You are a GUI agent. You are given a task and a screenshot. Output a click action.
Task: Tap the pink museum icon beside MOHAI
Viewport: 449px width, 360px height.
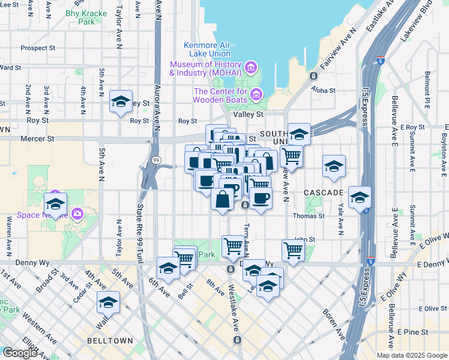[250, 66]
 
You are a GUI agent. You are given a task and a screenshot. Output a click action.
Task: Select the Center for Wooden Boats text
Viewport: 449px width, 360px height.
[220, 96]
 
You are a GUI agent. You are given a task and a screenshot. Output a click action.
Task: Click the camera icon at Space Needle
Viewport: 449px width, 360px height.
[77, 214]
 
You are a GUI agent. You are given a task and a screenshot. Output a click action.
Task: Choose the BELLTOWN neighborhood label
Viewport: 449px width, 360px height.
[109, 340]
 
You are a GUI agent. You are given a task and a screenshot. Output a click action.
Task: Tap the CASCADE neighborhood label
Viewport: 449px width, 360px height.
[323, 192]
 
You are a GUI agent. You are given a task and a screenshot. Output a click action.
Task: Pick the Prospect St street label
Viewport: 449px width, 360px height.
[37, 48]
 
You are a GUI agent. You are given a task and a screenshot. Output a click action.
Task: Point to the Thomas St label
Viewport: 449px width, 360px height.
[309, 216]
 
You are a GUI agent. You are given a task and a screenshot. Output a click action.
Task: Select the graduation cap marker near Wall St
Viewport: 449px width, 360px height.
[109, 302]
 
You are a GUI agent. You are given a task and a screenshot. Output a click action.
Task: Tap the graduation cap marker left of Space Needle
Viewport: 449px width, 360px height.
[55, 204]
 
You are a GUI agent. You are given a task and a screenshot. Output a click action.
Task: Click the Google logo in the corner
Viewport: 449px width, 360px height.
[19, 353]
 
